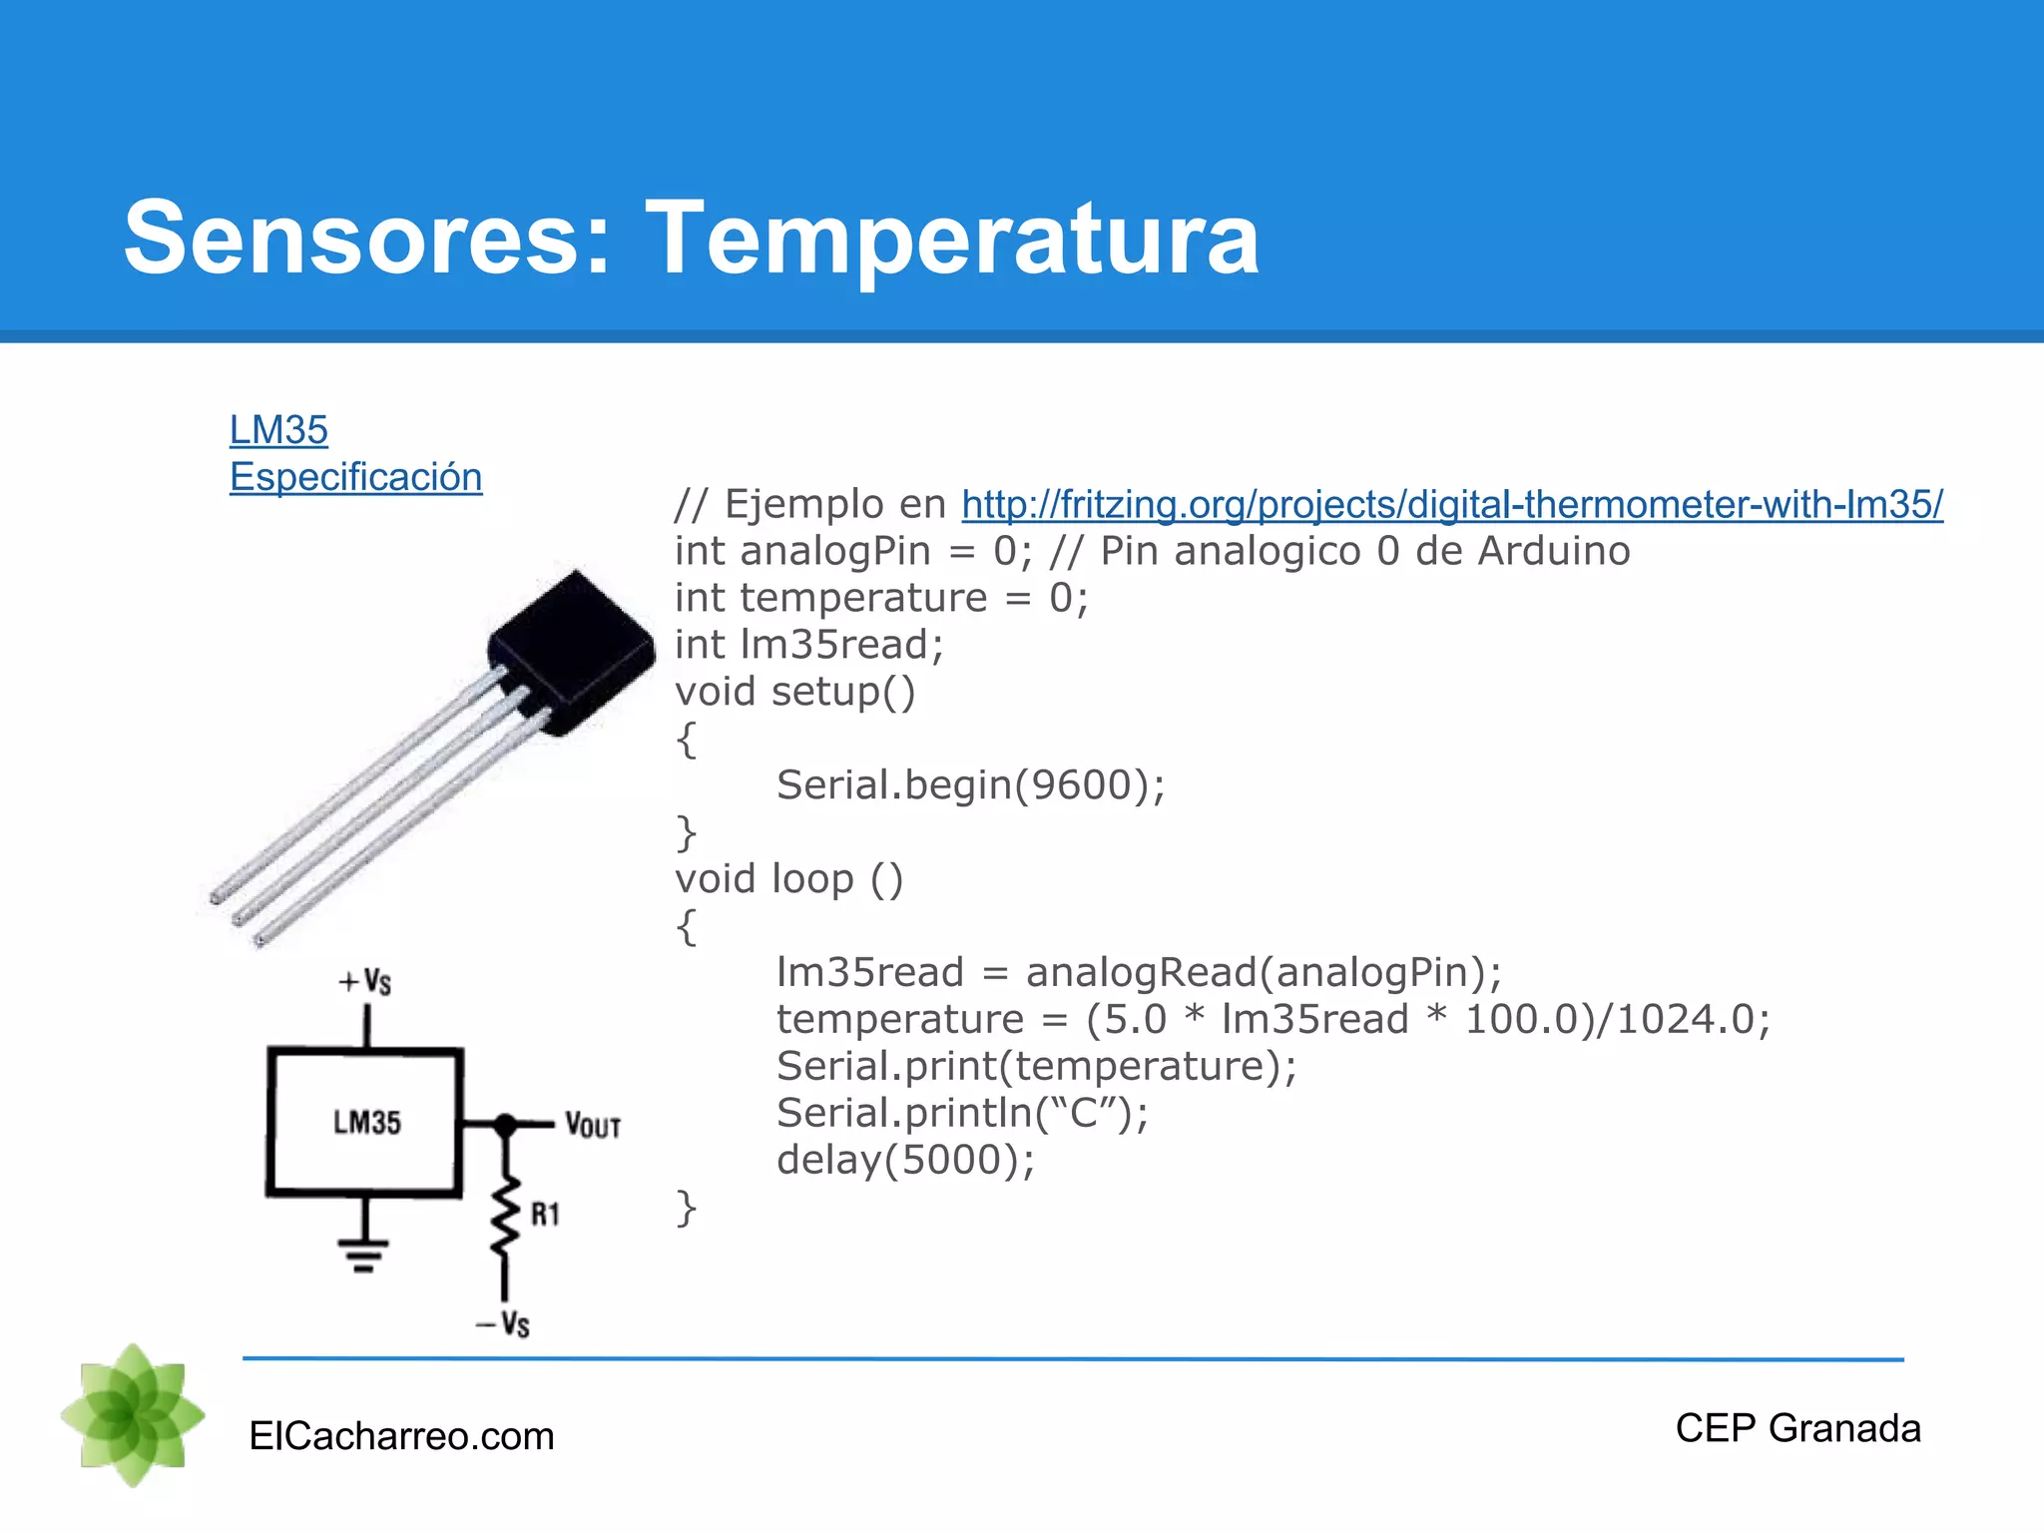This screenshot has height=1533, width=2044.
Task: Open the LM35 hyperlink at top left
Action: (278, 430)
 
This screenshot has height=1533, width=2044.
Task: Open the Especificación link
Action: (355, 477)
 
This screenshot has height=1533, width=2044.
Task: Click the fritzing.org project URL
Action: (1452, 504)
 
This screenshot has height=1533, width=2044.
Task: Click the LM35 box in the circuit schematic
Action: (365, 1122)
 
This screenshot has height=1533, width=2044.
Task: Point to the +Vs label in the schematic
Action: (365, 981)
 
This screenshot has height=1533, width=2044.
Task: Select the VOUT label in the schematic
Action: (593, 1126)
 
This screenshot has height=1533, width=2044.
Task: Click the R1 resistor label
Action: (545, 1215)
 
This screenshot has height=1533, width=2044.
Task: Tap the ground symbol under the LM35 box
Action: (363, 1254)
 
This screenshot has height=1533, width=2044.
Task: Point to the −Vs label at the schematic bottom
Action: (503, 1324)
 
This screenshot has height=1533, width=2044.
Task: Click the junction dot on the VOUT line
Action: (506, 1124)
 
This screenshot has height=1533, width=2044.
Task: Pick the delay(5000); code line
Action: (905, 1160)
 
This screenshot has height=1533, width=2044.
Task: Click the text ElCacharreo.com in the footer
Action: (401, 1436)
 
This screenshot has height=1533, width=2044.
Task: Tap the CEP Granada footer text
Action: (1797, 1428)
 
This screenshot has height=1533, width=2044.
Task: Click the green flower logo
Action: (133, 1414)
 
